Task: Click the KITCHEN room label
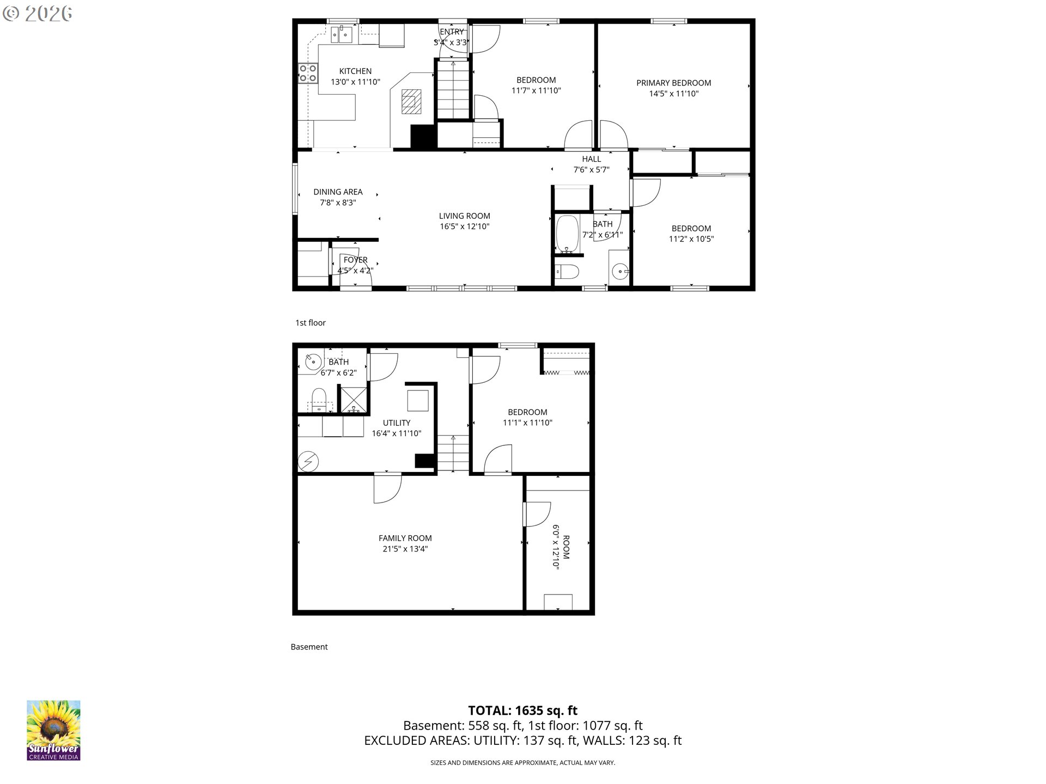point(355,71)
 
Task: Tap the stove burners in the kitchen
point(308,73)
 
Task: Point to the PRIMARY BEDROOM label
point(673,83)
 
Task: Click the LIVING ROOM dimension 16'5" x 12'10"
point(465,226)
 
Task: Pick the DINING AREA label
point(338,192)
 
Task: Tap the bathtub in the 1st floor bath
point(567,235)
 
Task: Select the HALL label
point(591,159)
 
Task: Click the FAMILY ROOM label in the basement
point(405,538)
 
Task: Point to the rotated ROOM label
point(566,547)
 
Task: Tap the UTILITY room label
point(397,422)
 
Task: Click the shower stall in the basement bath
point(353,399)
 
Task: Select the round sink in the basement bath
point(313,362)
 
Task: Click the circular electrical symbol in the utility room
point(308,462)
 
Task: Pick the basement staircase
point(453,453)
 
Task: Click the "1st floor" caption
point(311,323)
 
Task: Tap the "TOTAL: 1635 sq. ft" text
point(523,710)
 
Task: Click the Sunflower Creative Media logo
point(53,730)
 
